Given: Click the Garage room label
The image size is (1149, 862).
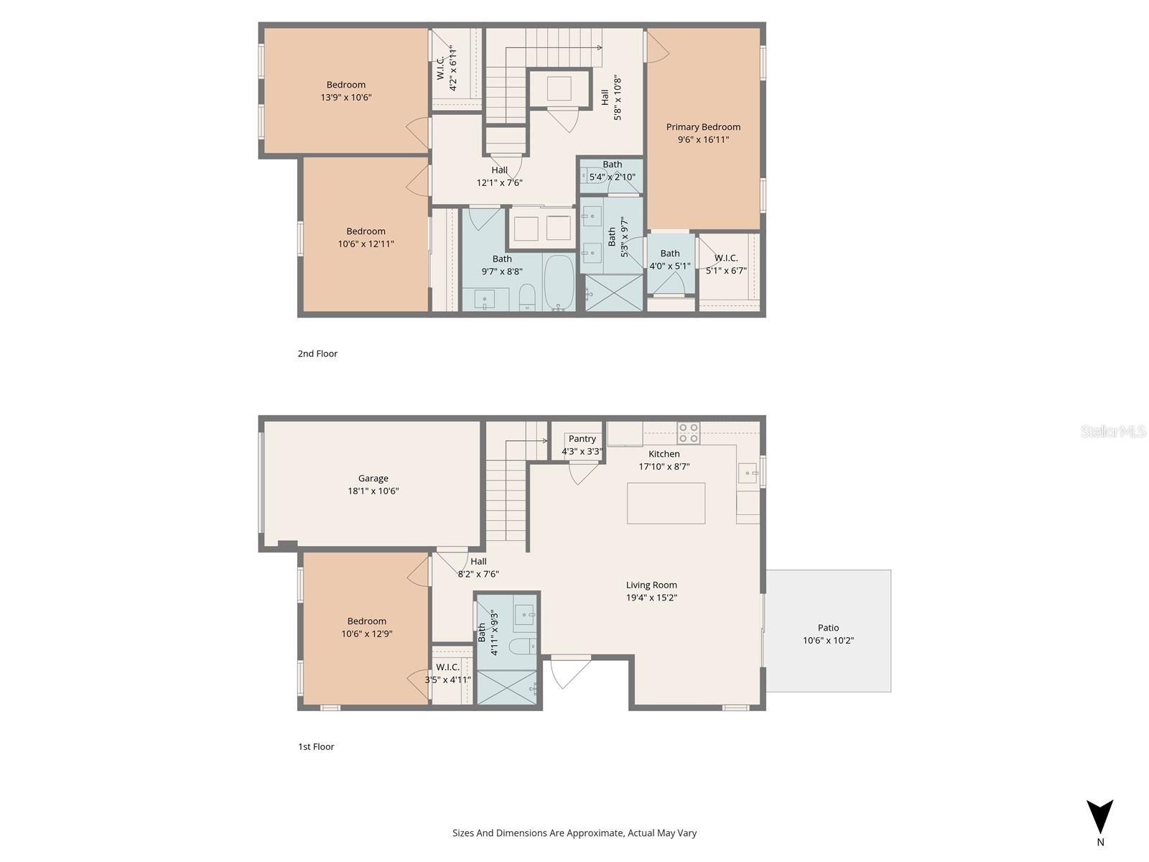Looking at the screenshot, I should [373, 478].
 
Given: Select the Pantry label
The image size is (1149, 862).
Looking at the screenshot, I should [582, 439].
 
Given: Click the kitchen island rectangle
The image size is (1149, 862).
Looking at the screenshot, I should [666, 503].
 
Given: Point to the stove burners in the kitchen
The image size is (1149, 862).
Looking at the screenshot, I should [688, 432].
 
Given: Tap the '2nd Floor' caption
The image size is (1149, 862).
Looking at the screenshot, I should [317, 353].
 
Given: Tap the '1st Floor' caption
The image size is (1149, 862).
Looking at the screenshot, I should [316, 746].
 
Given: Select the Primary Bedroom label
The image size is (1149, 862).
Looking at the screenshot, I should [703, 127].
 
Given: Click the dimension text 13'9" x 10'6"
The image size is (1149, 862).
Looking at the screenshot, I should [346, 98].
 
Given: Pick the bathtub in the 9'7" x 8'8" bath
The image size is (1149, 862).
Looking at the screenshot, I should [559, 282].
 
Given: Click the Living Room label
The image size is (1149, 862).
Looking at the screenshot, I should [651, 585].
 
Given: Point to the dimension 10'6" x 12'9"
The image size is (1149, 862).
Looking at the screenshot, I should [366, 634].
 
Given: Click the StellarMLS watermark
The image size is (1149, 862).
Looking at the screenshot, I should [1113, 431].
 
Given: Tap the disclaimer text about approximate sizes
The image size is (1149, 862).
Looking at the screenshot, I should [574, 833].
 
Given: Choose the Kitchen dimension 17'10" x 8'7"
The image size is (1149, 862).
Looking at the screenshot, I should [664, 467].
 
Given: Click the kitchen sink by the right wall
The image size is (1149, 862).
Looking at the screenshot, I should [748, 473].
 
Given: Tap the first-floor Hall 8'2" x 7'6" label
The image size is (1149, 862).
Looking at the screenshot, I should [478, 574].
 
